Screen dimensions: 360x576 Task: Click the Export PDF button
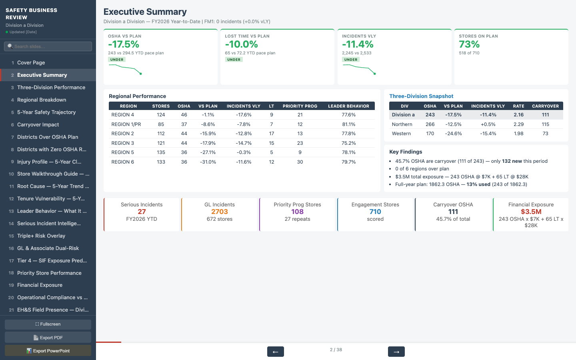click(x=48, y=338)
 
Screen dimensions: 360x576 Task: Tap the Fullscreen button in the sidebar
click(x=48, y=324)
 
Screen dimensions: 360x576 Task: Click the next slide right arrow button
click(x=396, y=352)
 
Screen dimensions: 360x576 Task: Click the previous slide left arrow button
click(x=275, y=352)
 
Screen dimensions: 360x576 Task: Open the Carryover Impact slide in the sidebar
click(x=38, y=125)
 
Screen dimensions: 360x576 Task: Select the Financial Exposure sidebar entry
click(x=40, y=285)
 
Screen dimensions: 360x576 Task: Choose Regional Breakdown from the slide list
click(x=42, y=100)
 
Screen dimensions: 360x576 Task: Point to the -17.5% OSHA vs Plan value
click(x=124, y=44)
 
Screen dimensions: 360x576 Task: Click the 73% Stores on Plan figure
click(x=469, y=44)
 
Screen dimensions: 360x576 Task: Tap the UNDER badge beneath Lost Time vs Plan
click(x=234, y=60)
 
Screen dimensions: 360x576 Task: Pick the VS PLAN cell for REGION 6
click(x=208, y=162)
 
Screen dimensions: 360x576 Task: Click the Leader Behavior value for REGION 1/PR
click(x=348, y=124)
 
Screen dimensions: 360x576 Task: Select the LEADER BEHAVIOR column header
click(x=348, y=106)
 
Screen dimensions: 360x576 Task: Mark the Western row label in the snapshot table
click(x=401, y=134)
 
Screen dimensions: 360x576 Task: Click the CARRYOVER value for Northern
click(x=545, y=124)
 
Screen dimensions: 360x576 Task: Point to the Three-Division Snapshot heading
click(x=421, y=96)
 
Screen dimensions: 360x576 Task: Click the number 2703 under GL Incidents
click(x=220, y=212)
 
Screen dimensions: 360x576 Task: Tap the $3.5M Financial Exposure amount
click(x=531, y=212)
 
